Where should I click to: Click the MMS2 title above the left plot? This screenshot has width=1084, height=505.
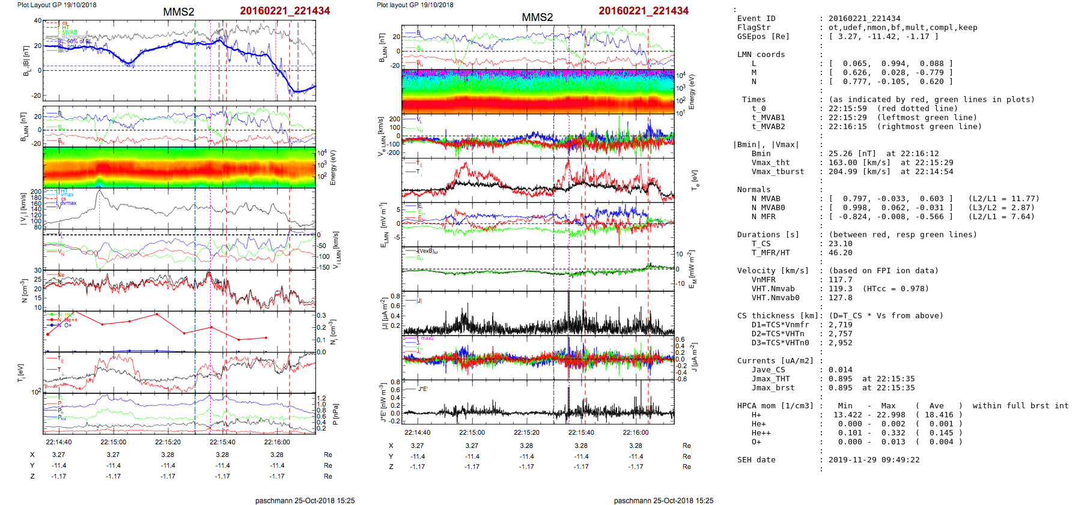[x=178, y=12]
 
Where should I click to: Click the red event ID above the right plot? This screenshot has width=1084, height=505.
[x=644, y=11]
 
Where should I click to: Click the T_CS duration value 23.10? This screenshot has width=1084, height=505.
[x=840, y=244]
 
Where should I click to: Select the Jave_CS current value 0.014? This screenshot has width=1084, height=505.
[x=840, y=370]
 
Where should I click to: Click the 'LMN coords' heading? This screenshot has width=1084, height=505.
[x=761, y=55]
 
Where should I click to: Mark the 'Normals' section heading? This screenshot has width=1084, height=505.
[x=754, y=190]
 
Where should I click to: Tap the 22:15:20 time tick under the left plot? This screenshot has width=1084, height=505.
[x=168, y=442]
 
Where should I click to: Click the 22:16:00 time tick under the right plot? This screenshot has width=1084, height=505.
[x=636, y=432]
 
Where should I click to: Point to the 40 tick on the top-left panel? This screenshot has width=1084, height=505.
[x=37, y=20]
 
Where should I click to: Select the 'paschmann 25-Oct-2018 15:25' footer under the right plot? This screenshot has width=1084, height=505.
[x=663, y=500]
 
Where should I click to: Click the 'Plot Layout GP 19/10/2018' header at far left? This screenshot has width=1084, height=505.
[x=56, y=5]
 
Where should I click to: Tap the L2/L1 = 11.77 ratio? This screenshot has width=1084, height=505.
[x=1003, y=199]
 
